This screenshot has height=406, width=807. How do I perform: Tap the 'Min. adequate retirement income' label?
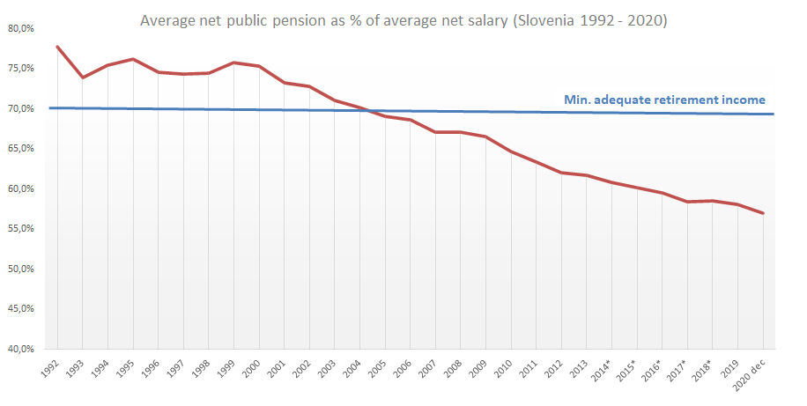coord(664,100)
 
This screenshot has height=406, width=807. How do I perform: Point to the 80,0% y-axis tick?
coord(19,28)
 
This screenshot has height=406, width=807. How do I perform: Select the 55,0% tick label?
coord(19,229)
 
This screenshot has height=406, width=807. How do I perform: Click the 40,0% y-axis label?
coord(19,349)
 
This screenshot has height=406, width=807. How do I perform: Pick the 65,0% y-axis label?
coord(19,149)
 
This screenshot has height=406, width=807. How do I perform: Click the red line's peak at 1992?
coord(57,46)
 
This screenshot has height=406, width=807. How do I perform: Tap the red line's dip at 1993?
coord(83,78)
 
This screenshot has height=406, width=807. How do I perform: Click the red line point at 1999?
coord(234,63)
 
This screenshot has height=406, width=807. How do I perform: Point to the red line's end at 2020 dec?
coord(763,213)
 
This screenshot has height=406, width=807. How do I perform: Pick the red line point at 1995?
coord(133,59)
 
